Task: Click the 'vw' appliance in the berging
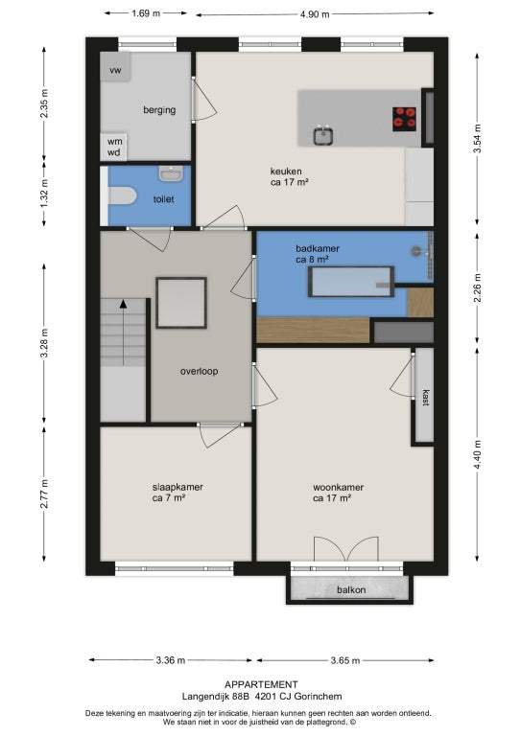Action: [115, 67]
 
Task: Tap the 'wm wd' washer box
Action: [113, 147]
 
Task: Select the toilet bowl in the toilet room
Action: [122, 195]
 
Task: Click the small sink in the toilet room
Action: [170, 173]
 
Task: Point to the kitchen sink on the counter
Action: [323, 135]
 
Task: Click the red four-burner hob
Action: [405, 118]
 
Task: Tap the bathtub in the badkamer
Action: [351, 282]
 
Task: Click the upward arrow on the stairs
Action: [123, 332]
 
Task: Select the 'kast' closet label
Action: [426, 398]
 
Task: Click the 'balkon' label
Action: [351, 590]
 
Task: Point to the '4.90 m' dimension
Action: [315, 14]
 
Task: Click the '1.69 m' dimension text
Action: [146, 13]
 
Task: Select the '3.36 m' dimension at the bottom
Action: [170, 660]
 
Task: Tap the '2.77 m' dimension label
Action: [44, 494]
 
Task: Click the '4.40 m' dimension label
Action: [477, 454]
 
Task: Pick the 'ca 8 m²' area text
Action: [312, 259]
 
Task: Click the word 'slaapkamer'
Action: [178, 487]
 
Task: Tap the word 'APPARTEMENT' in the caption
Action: [261, 685]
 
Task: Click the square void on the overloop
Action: [181, 303]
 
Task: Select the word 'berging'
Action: [159, 110]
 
